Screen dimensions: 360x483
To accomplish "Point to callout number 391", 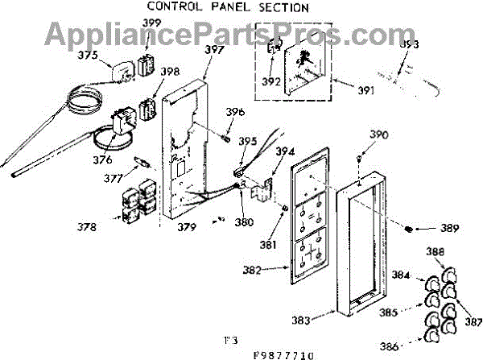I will coord(366,90).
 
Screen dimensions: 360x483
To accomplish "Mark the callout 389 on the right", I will coord(449,230).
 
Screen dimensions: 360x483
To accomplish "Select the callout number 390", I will coord(379,134).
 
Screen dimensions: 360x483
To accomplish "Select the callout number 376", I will coord(102,159).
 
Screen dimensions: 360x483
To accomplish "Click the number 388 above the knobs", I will coord(435,251).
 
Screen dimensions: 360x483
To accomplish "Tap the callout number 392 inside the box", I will coord(272,81).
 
